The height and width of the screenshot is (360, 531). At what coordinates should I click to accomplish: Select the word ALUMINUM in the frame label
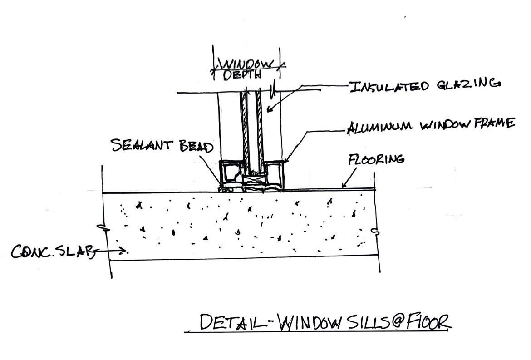coord(379,127)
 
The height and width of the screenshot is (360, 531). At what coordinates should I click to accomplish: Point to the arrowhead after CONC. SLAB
coord(124,250)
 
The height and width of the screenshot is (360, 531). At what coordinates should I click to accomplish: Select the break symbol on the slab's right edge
coord(375,232)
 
